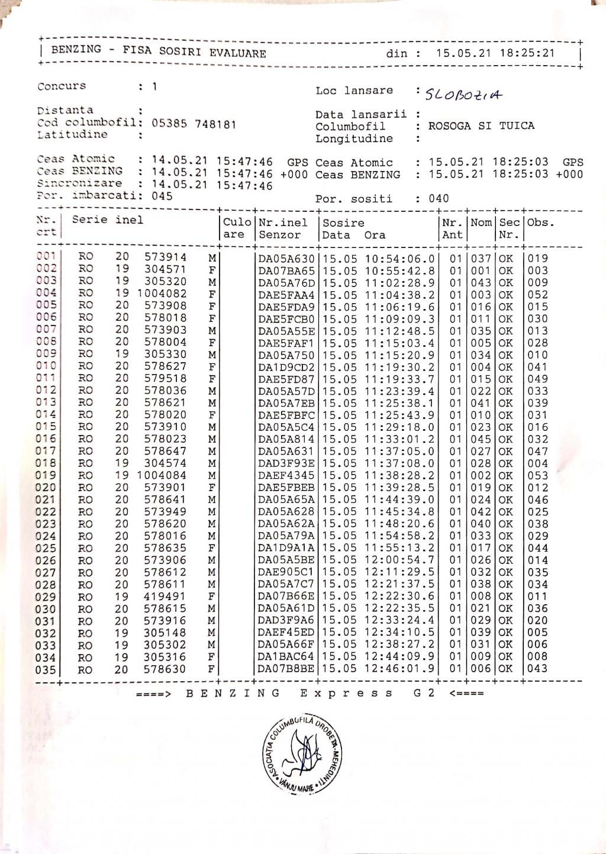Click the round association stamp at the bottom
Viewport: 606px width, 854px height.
(x=299, y=756)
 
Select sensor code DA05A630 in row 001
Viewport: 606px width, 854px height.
(x=286, y=259)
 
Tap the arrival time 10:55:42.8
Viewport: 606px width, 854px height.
(x=400, y=271)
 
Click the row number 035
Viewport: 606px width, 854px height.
(x=46, y=670)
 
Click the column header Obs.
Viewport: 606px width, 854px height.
(x=540, y=223)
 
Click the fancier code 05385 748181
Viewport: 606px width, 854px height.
(x=194, y=124)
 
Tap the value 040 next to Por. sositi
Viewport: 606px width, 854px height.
(x=439, y=199)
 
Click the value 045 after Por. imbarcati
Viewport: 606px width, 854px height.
(x=162, y=196)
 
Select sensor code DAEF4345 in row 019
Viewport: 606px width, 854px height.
(x=286, y=476)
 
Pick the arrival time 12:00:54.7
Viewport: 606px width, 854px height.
(x=400, y=560)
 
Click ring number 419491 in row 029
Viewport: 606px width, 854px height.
(x=166, y=597)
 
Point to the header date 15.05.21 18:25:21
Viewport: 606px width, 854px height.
(x=495, y=53)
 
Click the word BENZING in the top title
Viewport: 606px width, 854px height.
(x=76, y=50)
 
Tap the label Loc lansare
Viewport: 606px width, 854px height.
(x=354, y=91)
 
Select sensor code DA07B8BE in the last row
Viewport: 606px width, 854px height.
(x=286, y=669)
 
